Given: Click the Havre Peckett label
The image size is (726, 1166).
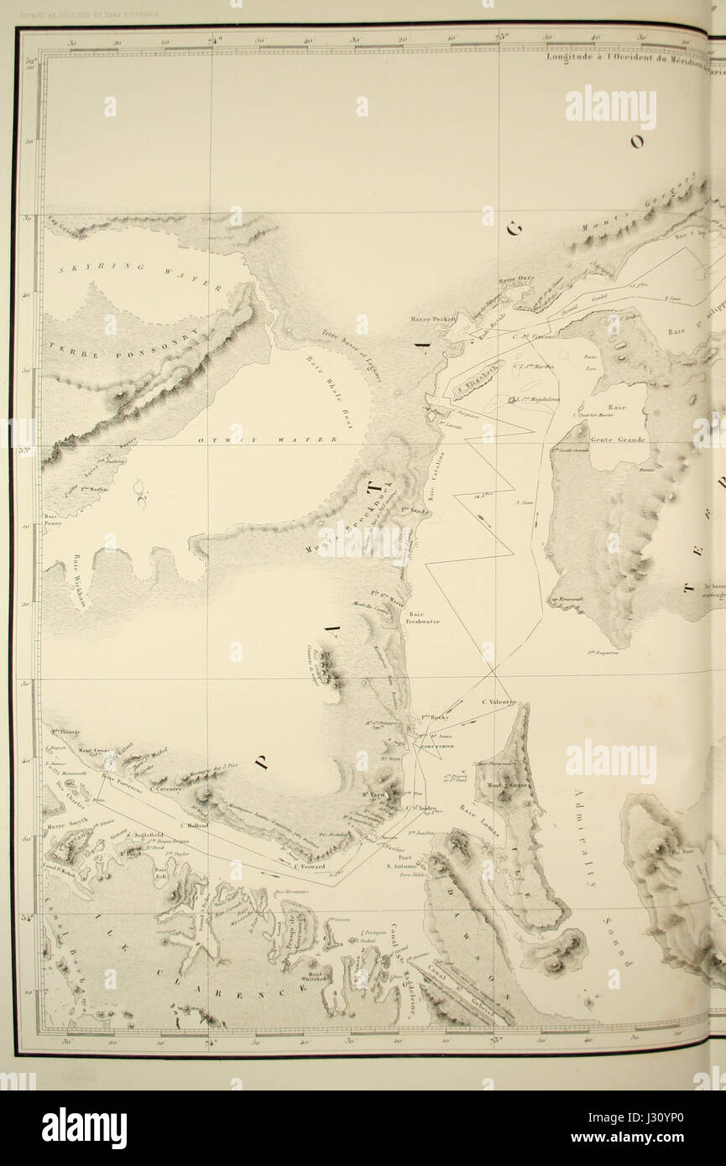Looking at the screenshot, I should (433, 319).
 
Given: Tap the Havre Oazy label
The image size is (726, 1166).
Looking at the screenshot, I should (515, 280).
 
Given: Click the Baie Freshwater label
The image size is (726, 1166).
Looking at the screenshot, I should (424, 617).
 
